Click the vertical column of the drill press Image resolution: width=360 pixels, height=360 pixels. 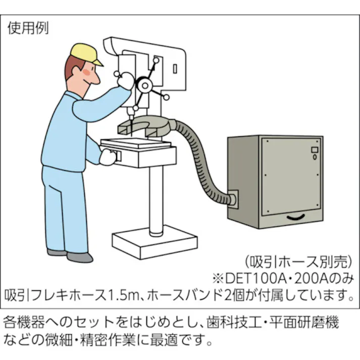point(155,197)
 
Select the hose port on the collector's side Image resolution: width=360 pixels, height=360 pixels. point(232,198)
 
